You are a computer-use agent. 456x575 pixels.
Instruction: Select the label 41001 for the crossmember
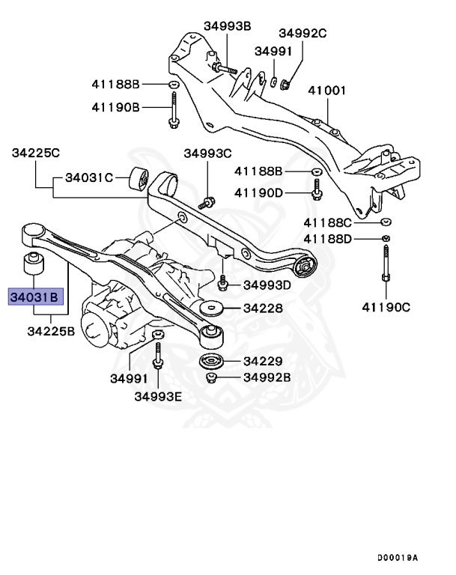(x=329, y=91)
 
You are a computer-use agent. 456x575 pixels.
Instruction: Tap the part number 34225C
(x=35, y=153)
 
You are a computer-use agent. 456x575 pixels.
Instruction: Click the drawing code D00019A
(x=398, y=558)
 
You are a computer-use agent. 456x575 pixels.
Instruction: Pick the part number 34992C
(x=303, y=33)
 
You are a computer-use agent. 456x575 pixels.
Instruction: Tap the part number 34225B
(x=51, y=330)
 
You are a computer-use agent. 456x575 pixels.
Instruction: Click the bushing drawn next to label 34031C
(x=139, y=180)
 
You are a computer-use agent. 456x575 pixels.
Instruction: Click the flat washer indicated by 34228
(x=212, y=309)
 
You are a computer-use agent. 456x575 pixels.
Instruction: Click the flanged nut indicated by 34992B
(x=211, y=378)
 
